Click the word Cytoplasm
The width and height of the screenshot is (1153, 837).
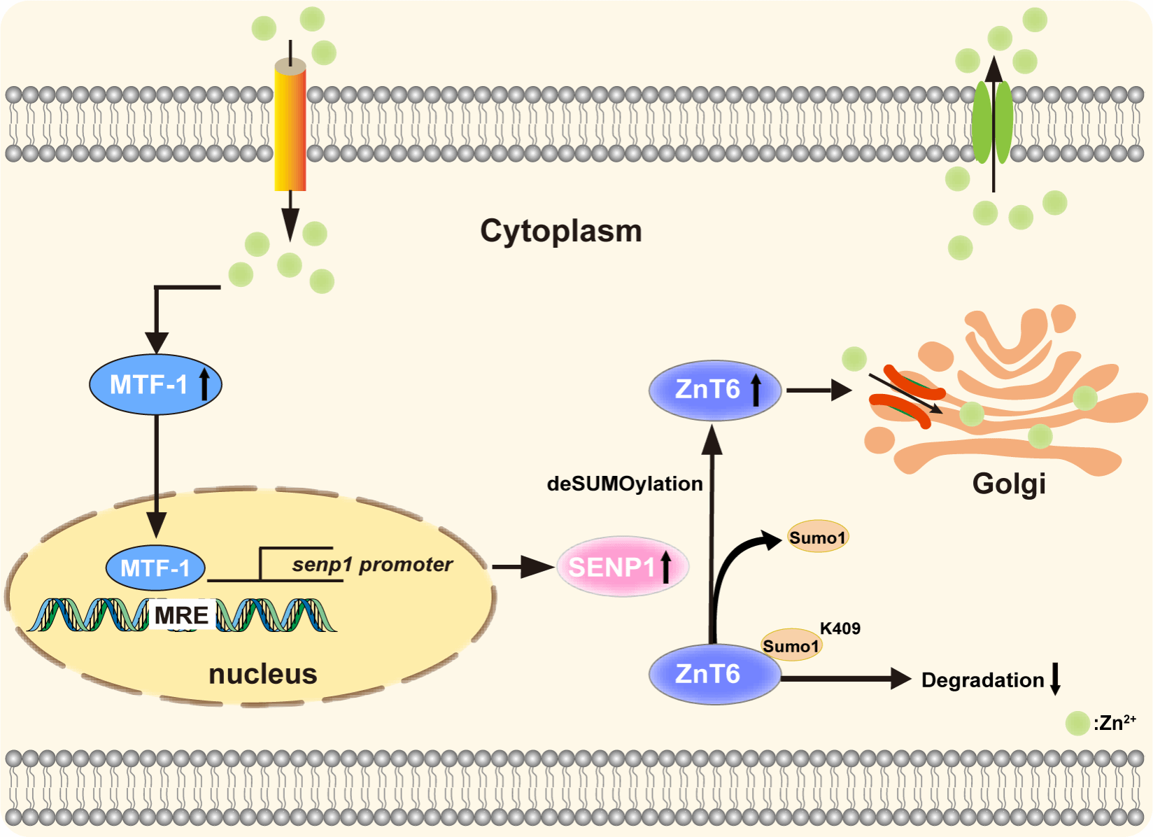560,231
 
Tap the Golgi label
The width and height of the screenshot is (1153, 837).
1008,484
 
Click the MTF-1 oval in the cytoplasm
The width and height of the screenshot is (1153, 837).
155,384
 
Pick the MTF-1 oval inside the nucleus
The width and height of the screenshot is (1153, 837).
155,568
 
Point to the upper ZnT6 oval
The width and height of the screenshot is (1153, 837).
714,390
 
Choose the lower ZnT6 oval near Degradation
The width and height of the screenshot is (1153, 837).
714,674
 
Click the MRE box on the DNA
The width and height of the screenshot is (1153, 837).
181,615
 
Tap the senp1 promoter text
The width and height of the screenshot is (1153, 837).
372,564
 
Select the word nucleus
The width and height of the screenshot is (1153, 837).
263,674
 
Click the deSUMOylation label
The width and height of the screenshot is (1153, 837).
625,484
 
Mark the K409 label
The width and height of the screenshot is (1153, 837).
840,628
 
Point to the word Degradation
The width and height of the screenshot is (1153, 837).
982,680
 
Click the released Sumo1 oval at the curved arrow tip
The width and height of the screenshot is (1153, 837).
818,537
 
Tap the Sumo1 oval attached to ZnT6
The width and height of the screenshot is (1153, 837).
791,645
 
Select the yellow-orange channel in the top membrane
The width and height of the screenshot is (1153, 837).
290,126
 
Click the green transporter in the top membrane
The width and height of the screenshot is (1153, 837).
993,122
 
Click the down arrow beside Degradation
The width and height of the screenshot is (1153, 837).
1056,679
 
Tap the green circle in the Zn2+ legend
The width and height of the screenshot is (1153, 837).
1077,723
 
